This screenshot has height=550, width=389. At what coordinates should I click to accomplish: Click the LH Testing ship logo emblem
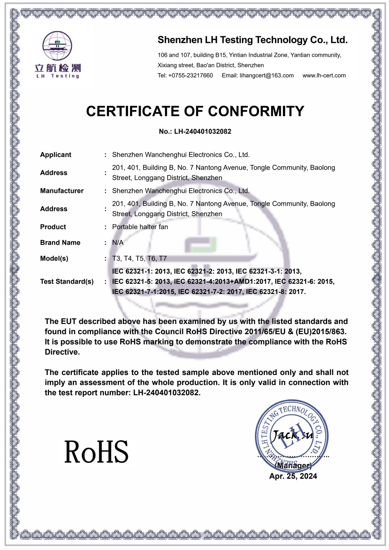[x=57, y=46]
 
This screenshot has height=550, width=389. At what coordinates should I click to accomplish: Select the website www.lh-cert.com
[x=324, y=75]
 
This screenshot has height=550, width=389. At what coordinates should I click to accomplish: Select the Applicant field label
[x=56, y=155]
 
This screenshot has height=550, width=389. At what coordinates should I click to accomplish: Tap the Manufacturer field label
[x=62, y=191]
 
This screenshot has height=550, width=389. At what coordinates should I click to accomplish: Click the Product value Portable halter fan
[x=140, y=227]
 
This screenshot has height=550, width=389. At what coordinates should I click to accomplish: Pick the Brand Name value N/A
[x=117, y=243]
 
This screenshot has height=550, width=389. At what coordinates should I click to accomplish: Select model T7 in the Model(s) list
[x=163, y=259]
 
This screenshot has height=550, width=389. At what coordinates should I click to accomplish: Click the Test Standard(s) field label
[x=67, y=282]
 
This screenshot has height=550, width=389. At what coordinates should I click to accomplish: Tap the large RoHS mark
[x=96, y=452]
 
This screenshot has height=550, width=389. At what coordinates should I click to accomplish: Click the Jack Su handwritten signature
[x=292, y=435]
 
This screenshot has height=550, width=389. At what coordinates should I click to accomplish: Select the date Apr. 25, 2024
[x=293, y=476]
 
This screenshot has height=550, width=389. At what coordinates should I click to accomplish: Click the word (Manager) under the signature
[x=293, y=466]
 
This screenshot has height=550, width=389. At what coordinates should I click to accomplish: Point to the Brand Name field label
[x=60, y=243]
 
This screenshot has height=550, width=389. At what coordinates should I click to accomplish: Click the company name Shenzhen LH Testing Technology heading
[x=252, y=40]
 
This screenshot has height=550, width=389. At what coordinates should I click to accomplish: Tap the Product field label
[x=53, y=227]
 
